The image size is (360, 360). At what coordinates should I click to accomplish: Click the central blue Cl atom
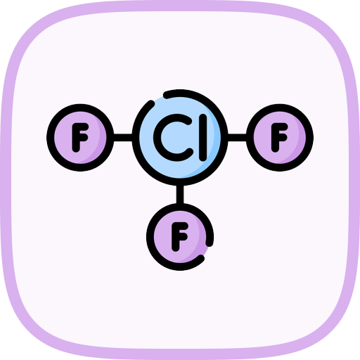click(180, 138)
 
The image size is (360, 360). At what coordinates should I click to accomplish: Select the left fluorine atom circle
click(80, 138)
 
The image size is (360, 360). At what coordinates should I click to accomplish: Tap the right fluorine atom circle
click(280, 138)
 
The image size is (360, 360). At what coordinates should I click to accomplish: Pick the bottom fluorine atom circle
click(180, 237)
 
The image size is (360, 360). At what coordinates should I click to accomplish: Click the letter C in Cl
click(174, 138)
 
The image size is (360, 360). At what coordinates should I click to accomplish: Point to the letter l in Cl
click(203, 138)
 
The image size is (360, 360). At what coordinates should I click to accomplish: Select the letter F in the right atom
click(279, 138)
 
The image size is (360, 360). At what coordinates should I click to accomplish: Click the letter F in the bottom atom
click(179, 237)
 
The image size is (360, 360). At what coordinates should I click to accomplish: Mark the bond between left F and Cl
click(123, 138)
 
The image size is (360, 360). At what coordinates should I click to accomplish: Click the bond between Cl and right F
click(237, 138)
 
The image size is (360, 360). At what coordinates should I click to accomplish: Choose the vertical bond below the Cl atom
click(180, 195)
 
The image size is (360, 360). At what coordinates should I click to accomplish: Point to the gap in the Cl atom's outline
click(159, 98)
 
